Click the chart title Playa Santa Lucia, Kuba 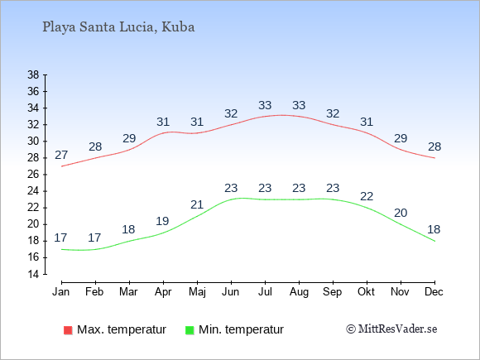tap(118, 27)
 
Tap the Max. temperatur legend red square tap(68, 330)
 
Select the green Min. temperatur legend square tap(190, 330)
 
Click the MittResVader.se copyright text tap(391, 329)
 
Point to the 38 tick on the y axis tap(33, 74)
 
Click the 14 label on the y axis tap(33, 274)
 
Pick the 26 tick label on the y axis tap(33, 175)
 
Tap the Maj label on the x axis tap(197, 292)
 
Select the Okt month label tap(366, 292)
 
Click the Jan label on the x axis tap(61, 292)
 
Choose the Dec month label tap(434, 292)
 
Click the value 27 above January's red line tap(61, 156)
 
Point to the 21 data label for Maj tap(197, 204)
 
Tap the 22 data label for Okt tap(367, 196)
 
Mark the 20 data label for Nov tap(401, 213)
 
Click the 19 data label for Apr tap(162, 221)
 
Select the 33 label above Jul tap(265, 105)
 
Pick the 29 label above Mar tap(129, 139)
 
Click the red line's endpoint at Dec tap(434, 158)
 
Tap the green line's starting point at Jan tap(62, 249)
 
